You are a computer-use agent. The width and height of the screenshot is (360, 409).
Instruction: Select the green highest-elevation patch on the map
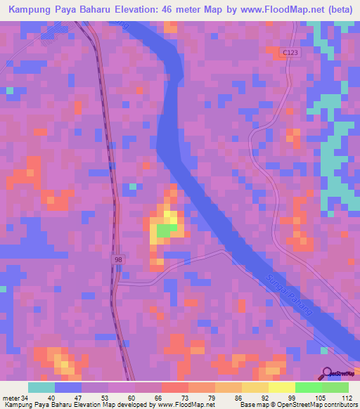(166, 231)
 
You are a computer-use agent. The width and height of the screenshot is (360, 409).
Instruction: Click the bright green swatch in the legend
(308, 387)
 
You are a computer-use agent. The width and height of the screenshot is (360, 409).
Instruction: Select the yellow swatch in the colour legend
(281, 387)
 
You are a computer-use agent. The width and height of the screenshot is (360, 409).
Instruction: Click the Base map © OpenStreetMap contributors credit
(297, 405)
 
